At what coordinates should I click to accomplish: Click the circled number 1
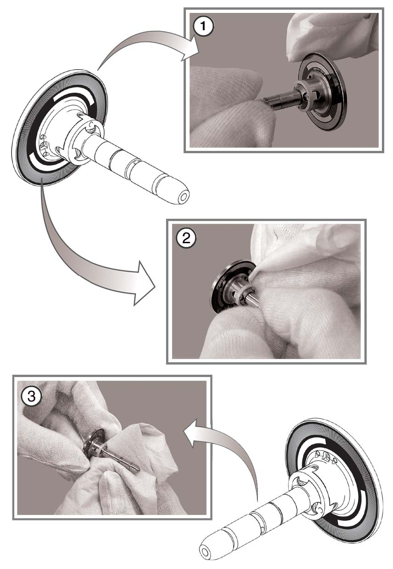(203, 26)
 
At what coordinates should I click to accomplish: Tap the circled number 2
(186, 238)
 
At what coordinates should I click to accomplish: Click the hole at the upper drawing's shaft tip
(184, 195)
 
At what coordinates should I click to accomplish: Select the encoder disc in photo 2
(228, 284)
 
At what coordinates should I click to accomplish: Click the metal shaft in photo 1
(282, 102)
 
